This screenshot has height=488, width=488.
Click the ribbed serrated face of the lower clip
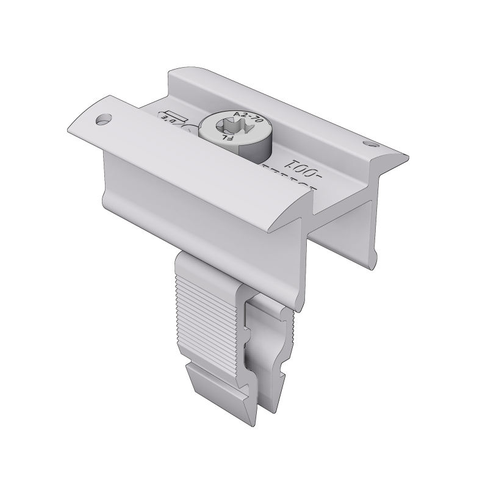pos(207,323)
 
